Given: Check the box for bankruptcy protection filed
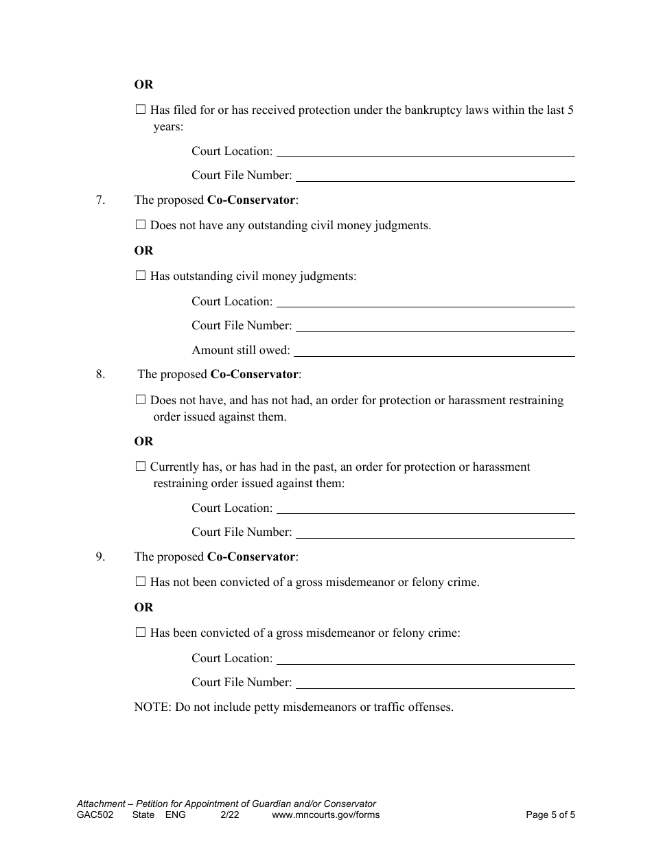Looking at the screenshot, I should (x=141, y=109).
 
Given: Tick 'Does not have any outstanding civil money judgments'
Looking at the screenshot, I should (x=141, y=224).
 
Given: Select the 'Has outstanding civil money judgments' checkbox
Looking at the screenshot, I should (x=141, y=275).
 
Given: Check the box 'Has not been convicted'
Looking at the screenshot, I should (x=141, y=581).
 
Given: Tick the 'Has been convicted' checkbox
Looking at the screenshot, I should (x=141, y=632).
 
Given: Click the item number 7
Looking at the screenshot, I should (x=100, y=200).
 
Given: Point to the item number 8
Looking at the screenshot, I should (x=100, y=375).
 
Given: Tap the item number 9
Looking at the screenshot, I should (x=100, y=557).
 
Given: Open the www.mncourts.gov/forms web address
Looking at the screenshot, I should (x=325, y=815).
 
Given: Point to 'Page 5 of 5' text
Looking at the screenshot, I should (x=550, y=815).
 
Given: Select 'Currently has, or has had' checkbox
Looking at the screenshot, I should (x=141, y=466).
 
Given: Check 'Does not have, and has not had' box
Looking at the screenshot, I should (x=141, y=399).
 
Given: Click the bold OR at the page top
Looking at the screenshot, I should (x=144, y=84).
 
